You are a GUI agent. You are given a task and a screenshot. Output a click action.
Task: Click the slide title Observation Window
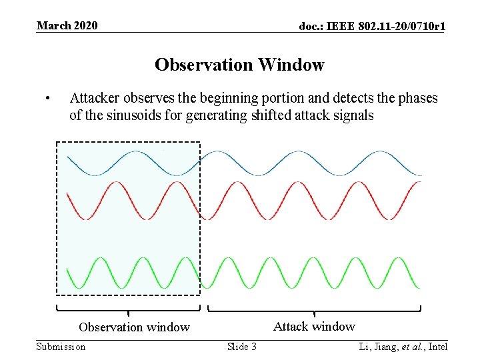click(x=239, y=65)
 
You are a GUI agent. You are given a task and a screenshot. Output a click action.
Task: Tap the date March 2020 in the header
click(x=67, y=26)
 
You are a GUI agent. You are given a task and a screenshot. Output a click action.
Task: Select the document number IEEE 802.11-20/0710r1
click(x=372, y=26)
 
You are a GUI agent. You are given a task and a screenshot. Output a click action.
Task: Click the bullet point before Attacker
click(x=47, y=99)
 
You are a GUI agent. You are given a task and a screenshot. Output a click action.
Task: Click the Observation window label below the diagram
click(x=134, y=327)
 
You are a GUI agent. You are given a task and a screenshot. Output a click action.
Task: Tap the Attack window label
click(x=314, y=327)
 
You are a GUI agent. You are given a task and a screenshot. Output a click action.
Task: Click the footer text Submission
click(x=61, y=347)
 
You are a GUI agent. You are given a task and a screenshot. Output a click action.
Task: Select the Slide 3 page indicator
click(x=241, y=347)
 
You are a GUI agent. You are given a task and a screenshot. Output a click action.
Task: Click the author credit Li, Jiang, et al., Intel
click(x=403, y=347)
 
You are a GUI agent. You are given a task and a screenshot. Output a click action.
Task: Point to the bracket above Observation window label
click(x=128, y=309)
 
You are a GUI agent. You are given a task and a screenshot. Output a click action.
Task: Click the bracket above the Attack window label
click(x=314, y=309)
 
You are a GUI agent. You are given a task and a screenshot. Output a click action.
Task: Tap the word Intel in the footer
click(x=438, y=347)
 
